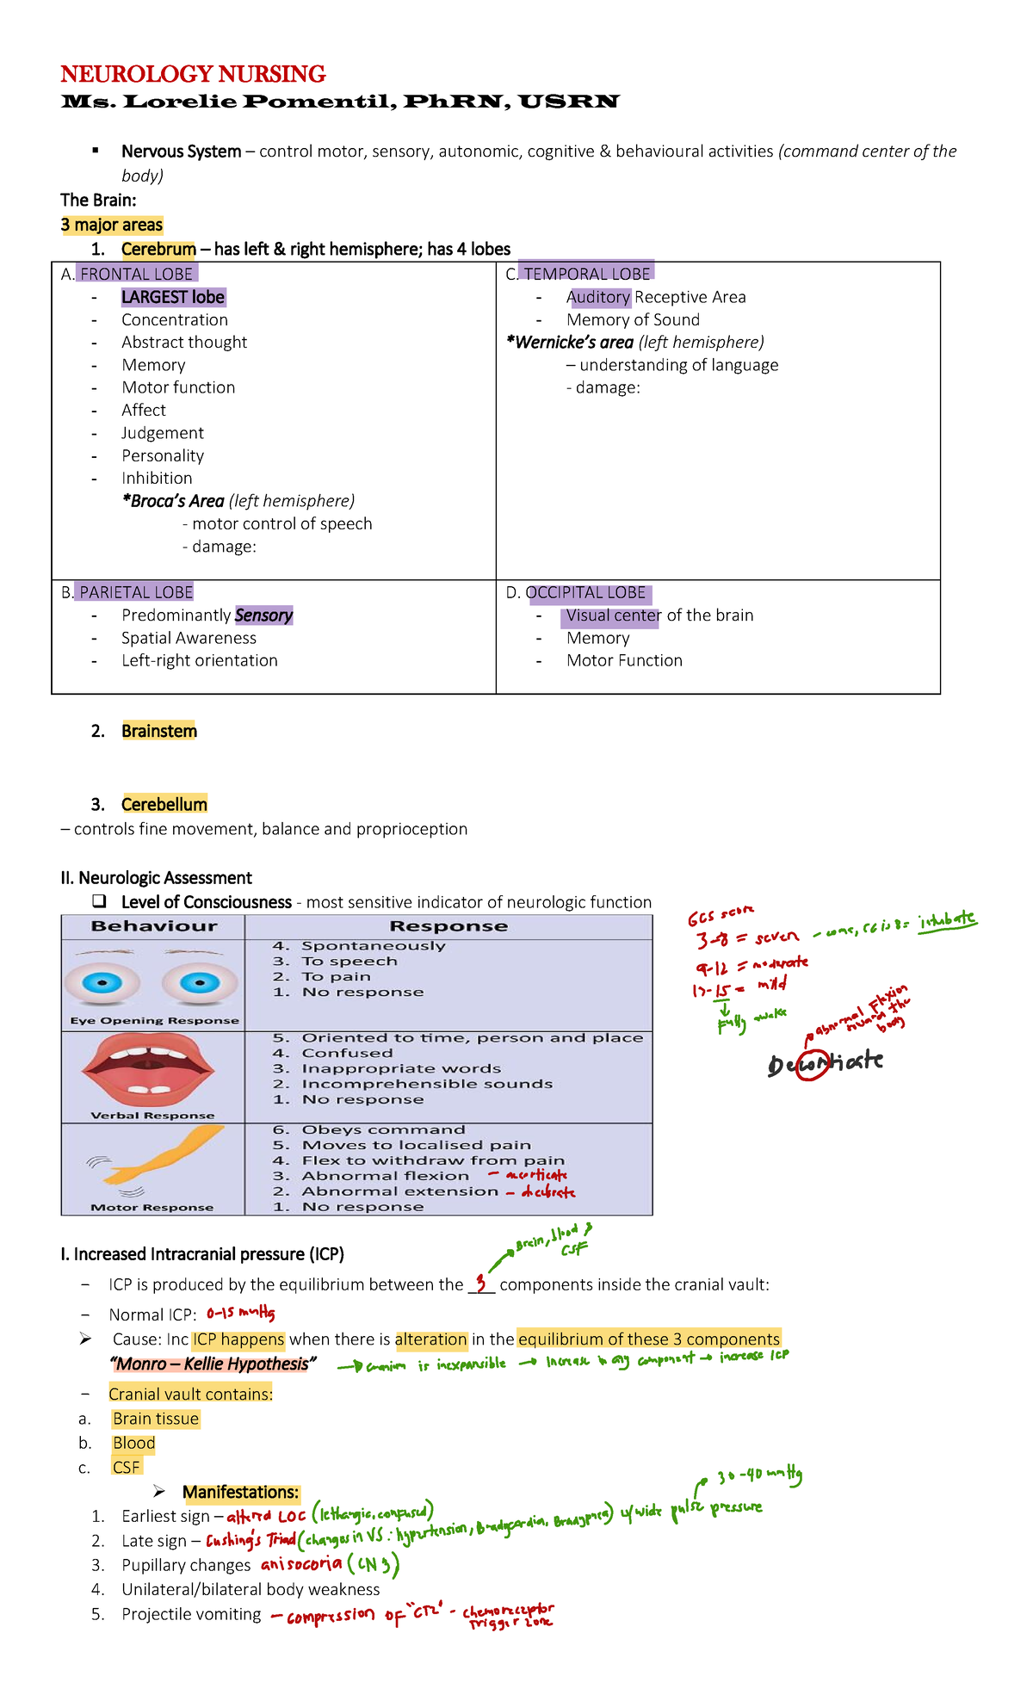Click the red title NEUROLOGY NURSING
(193, 74)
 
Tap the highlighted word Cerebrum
(158, 250)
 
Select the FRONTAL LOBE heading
(137, 274)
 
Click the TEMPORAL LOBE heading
(587, 274)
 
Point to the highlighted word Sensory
(263, 615)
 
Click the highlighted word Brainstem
(159, 731)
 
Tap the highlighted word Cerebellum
(164, 804)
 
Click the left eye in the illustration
(101, 982)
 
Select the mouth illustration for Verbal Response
(148, 1071)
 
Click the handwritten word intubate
(947, 920)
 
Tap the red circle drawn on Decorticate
(813, 1064)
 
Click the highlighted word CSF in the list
(126, 1467)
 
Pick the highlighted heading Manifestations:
(241, 1492)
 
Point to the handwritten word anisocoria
(301, 1564)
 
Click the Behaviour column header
(154, 926)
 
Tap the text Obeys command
(383, 1129)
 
